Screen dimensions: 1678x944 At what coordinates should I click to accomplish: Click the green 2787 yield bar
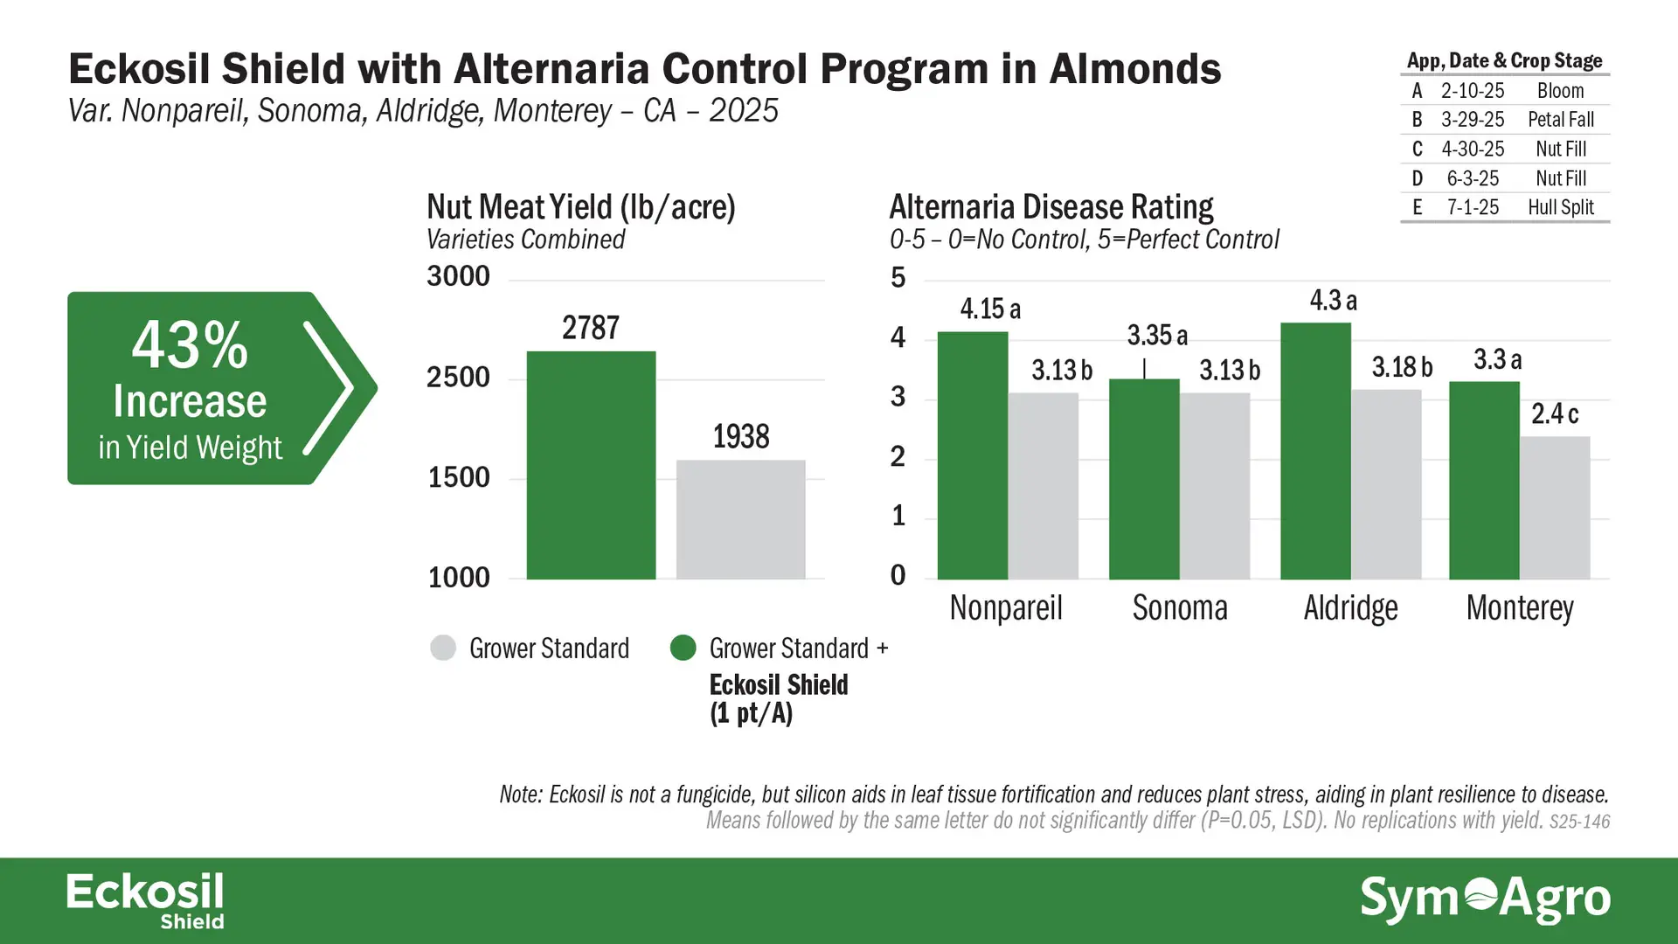[591, 465]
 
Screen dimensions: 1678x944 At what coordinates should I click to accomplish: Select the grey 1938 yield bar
[741, 519]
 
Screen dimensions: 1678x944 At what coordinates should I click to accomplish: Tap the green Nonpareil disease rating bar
[973, 455]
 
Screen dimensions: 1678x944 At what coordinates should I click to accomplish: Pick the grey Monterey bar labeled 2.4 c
[1555, 508]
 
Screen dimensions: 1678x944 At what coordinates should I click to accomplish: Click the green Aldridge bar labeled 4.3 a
[1316, 451]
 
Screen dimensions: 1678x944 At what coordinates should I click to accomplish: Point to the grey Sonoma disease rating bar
[1215, 486]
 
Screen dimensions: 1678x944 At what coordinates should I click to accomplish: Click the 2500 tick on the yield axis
[459, 378]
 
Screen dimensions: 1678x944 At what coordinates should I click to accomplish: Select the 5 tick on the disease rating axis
[898, 278]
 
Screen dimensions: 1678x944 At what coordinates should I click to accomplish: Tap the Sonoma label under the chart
[1180, 607]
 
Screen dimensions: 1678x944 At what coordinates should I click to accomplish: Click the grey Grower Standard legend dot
[443, 648]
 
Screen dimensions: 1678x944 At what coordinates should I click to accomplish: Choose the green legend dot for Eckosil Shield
[683, 648]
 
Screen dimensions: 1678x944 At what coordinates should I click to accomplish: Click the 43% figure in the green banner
[190, 345]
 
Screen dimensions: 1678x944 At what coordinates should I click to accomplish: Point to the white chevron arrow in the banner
[329, 388]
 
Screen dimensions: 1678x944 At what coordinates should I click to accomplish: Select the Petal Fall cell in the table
[1561, 120]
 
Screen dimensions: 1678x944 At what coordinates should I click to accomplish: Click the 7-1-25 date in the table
[1473, 207]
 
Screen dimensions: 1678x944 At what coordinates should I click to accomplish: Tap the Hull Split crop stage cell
[1561, 207]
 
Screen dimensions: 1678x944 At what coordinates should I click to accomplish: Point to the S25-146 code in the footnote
[1579, 822]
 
